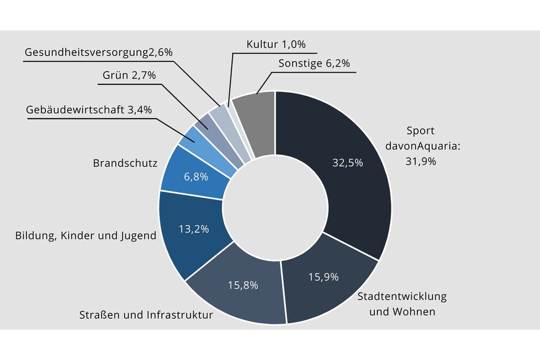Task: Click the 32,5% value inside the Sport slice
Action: coord(347,163)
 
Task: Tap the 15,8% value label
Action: coord(243,285)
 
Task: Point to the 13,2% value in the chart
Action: coord(194,229)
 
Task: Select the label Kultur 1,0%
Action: coord(276,44)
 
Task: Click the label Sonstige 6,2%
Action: coord(313,63)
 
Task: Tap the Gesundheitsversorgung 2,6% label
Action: coord(99,52)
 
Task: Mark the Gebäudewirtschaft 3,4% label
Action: coord(89,109)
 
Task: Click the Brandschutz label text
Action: coord(125,163)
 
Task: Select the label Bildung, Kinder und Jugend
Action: coord(85,236)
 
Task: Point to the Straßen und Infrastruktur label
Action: coord(146,316)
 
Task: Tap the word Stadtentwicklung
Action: coord(402,296)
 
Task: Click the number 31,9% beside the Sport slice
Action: coord(421,161)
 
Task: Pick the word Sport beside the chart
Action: coord(420,131)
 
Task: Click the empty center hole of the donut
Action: coord(275,207)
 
